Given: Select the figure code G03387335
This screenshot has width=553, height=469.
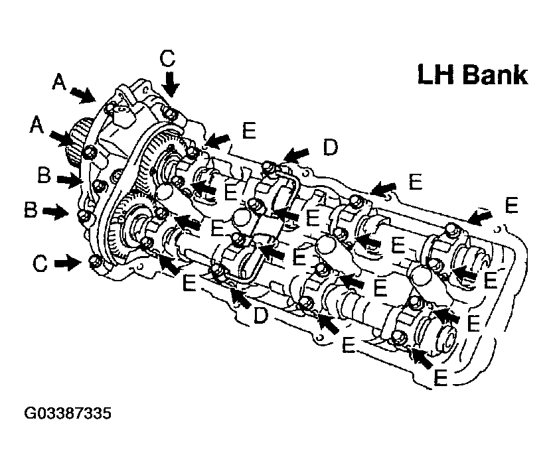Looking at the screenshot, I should click(x=67, y=414).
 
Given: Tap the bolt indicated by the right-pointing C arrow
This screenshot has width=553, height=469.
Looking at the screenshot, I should click(x=95, y=263).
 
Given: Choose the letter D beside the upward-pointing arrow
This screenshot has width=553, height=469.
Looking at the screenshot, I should click(x=260, y=317).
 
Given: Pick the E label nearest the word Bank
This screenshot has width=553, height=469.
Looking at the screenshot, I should click(x=509, y=205).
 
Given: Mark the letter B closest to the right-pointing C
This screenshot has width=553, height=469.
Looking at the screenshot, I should click(x=30, y=211).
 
